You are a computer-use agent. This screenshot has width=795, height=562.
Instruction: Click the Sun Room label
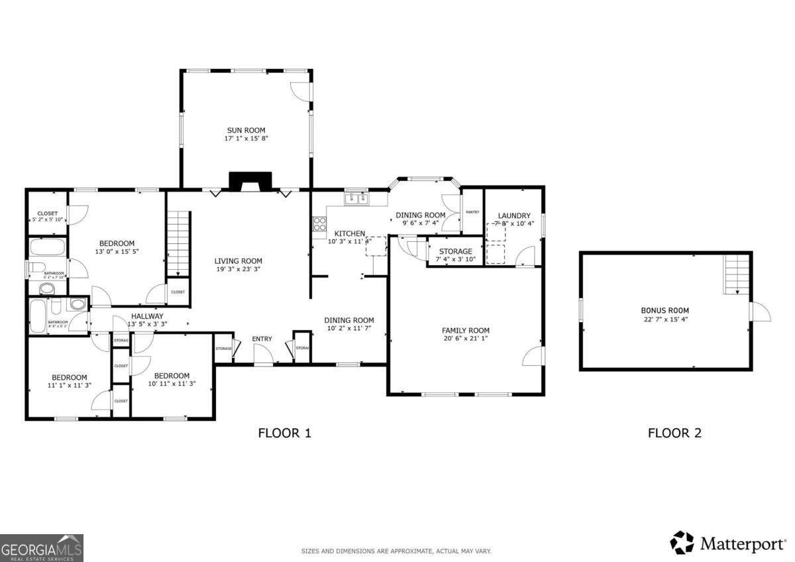(246, 130)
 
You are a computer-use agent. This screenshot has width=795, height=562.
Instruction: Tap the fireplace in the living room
(250, 182)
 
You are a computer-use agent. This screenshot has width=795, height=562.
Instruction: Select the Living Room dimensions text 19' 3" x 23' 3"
(238, 270)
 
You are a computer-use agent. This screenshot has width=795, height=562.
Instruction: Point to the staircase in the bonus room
(737, 276)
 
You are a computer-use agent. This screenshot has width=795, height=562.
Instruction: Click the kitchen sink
(356, 198)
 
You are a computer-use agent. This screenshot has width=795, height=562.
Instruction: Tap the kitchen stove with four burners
(319, 223)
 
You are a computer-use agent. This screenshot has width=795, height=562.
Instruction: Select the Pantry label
(472, 212)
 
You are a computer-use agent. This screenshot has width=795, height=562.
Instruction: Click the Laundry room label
(514, 215)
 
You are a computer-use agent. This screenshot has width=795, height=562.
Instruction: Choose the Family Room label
(465, 330)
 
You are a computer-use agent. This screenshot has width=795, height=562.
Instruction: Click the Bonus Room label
(664, 309)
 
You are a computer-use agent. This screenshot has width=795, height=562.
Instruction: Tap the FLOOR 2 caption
(674, 433)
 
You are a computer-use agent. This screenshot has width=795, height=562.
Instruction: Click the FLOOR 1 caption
(284, 433)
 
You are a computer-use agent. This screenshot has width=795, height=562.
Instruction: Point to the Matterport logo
(727, 543)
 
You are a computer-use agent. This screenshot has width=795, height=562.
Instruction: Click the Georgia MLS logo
(42, 547)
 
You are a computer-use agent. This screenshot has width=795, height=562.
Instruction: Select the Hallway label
(147, 316)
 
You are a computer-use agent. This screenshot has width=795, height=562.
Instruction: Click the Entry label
(262, 339)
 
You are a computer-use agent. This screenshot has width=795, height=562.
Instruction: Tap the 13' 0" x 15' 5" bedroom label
(117, 243)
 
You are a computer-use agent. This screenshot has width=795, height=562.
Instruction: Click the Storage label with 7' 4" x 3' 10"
(455, 251)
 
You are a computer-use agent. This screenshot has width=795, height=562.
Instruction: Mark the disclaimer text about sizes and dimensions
(396, 551)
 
